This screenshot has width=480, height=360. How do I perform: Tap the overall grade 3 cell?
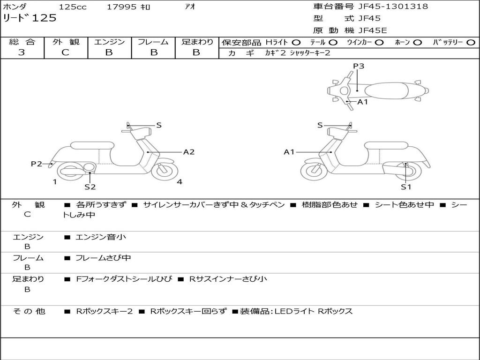pyautogui.click(x=22, y=52)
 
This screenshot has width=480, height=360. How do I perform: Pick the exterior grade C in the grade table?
pyautogui.click(x=66, y=52)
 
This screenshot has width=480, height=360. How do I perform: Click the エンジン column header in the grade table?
pyautogui.click(x=109, y=42)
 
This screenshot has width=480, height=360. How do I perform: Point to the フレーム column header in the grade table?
pyautogui.click(x=153, y=42)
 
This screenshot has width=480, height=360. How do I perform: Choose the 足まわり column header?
pyautogui.click(x=197, y=42)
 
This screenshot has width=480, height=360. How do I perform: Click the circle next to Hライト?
pyautogui.click(x=296, y=42)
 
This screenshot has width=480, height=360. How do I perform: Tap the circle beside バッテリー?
pyautogui.click(x=471, y=42)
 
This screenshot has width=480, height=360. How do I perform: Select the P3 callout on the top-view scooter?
pyautogui.click(x=359, y=66)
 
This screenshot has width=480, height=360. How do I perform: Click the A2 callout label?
pyautogui.click(x=189, y=152)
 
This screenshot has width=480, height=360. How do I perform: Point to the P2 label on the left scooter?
pyautogui.click(x=36, y=164)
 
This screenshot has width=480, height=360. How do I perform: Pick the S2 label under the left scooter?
pyautogui.click(x=90, y=187)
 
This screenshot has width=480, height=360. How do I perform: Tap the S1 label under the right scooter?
pyautogui.click(x=405, y=187)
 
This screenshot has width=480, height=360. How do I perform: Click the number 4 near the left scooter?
pyautogui.click(x=180, y=182)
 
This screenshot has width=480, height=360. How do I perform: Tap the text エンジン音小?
pyautogui.click(x=101, y=237)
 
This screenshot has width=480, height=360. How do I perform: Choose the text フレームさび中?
pyautogui.click(x=103, y=258)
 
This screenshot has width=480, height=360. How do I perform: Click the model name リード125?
pyautogui.click(x=30, y=18)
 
